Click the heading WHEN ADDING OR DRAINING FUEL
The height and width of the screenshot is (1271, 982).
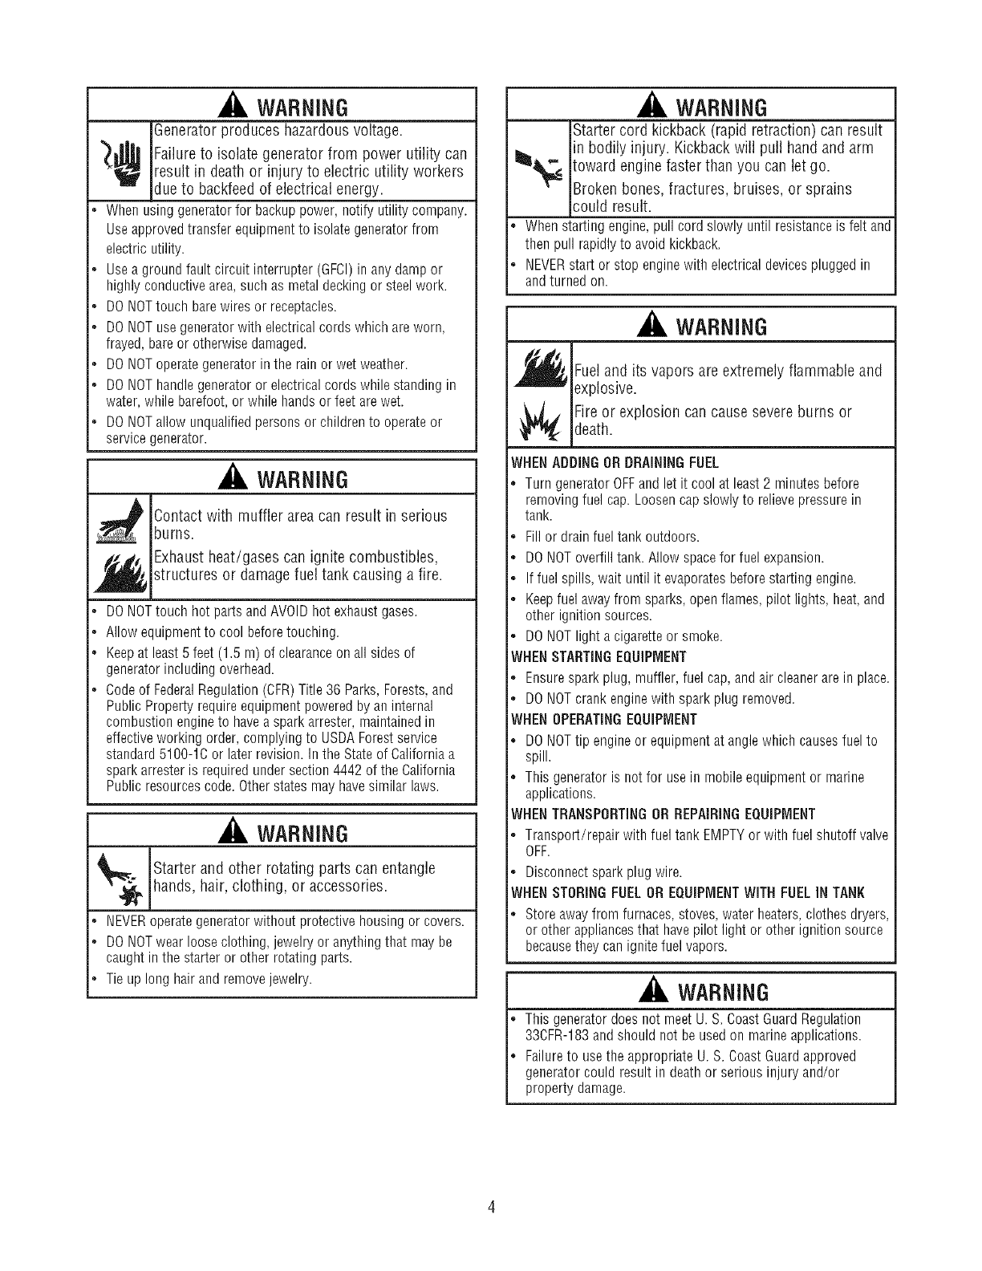615,463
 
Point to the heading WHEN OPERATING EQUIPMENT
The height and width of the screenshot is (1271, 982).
603,718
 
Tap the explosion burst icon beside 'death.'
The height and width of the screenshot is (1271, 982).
540,421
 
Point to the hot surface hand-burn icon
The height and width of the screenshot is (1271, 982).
120,522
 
